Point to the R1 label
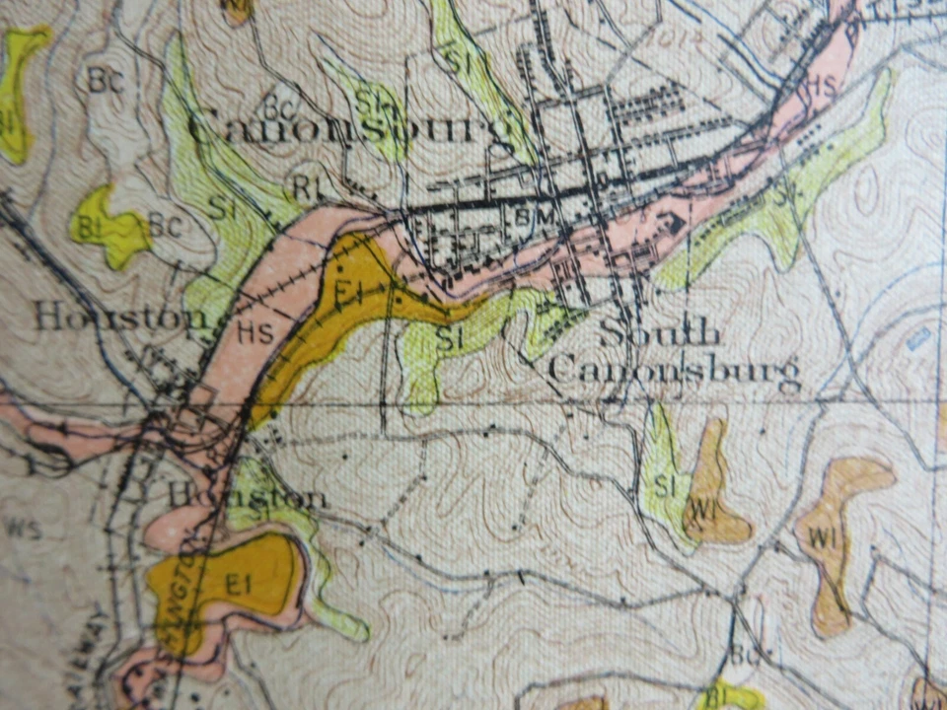pyautogui.click(x=308, y=183)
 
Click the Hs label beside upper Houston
pyautogui.click(x=255, y=333)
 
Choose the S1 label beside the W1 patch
pyautogui.click(x=664, y=486)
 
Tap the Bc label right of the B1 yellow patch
pyautogui.click(x=165, y=226)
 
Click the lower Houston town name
pyautogui.click(x=247, y=495)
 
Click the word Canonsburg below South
pyautogui.click(x=674, y=371)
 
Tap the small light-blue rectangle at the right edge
pyautogui.click(x=918, y=339)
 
